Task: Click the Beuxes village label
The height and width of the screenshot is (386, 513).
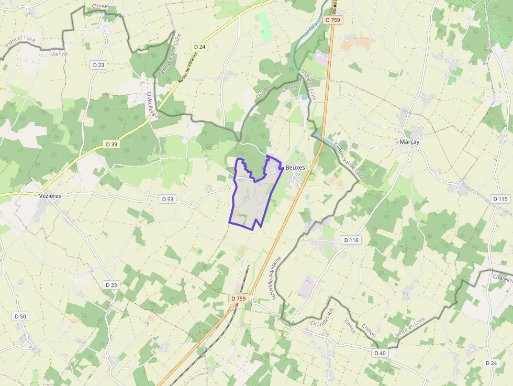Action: [x=295, y=168]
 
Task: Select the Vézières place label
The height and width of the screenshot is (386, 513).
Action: [x=50, y=195]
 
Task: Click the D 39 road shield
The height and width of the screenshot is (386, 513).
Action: [x=111, y=144]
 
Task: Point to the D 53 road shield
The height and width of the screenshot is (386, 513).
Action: [x=167, y=199]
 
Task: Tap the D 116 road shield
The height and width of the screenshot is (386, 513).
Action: [x=352, y=239]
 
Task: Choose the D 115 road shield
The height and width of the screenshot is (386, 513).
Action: [x=500, y=199]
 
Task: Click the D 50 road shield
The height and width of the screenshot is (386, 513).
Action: [x=20, y=316]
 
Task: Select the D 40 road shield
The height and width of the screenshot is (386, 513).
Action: [x=380, y=353]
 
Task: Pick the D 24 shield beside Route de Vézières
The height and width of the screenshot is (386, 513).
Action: [x=199, y=47]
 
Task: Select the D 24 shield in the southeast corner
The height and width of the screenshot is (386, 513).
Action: [x=490, y=363]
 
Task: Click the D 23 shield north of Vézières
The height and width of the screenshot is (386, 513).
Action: [x=98, y=65]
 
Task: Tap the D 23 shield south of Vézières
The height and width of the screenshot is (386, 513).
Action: [x=110, y=285]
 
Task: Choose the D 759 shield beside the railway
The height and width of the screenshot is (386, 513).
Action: [x=238, y=299]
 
